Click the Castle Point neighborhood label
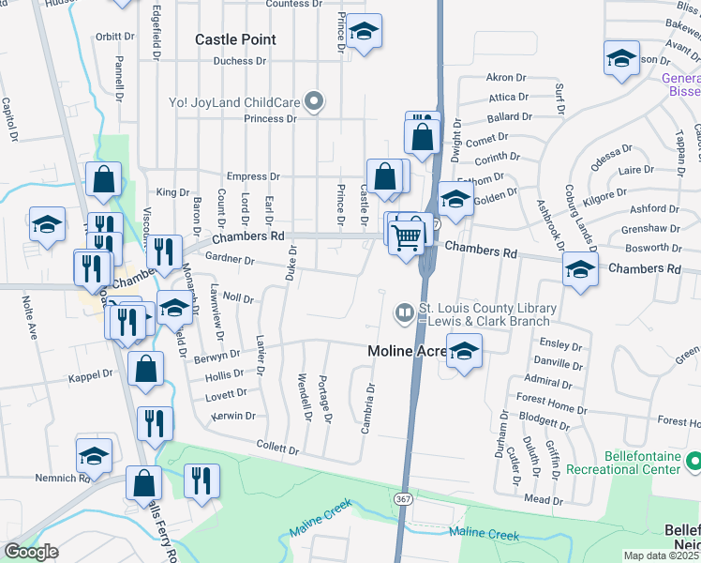coord(235,39)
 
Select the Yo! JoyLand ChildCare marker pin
coord(316,101)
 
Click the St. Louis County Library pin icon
coord(404,312)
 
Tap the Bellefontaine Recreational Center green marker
coord(693,462)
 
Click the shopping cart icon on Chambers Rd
coord(407,237)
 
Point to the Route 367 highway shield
coord(403,495)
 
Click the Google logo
coord(32,551)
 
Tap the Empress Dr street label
coord(254,176)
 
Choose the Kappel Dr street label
coord(90,374)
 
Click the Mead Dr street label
coord(543,498)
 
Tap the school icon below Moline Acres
coord(463,353)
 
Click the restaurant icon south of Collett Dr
coord(201,482)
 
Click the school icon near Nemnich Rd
coord(94,457)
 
